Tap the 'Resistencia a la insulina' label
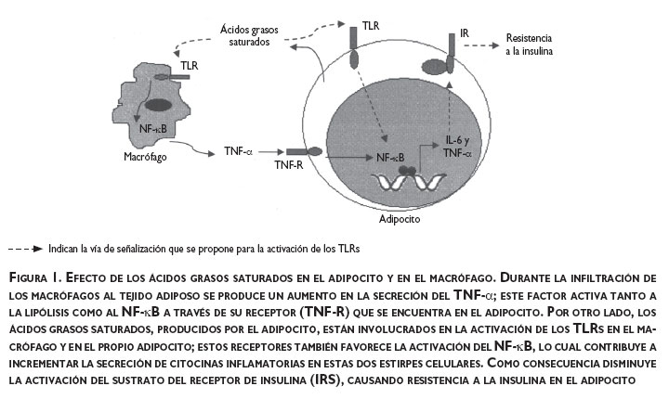[529, 45]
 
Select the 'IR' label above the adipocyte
[465, 34]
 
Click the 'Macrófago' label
[123, 157]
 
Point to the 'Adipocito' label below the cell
[399, 224]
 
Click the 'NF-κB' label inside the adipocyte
[390, 158]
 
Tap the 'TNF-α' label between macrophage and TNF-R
[238, 150]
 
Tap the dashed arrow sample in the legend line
[25, 250]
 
